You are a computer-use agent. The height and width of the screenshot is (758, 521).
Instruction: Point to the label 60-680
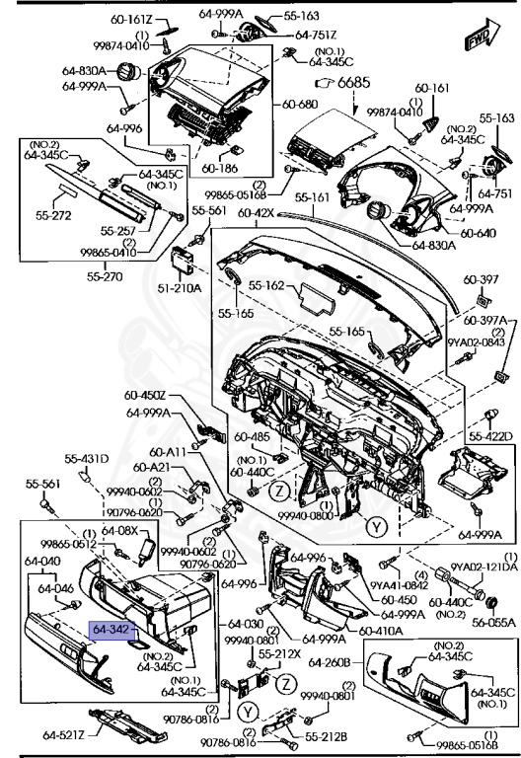coord(300,104)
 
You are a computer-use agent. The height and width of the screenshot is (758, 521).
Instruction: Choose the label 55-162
coord(267,285)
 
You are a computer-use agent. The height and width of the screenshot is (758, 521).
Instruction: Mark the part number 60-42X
coord(255,212)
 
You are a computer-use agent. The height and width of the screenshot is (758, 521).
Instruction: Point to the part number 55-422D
coord(490,435)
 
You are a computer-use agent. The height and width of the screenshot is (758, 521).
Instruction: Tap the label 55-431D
coord(87,459)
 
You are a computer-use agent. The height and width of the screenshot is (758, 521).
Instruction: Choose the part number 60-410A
coord(380,631)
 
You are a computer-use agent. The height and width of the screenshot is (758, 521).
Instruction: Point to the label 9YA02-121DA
coord(484,567)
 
